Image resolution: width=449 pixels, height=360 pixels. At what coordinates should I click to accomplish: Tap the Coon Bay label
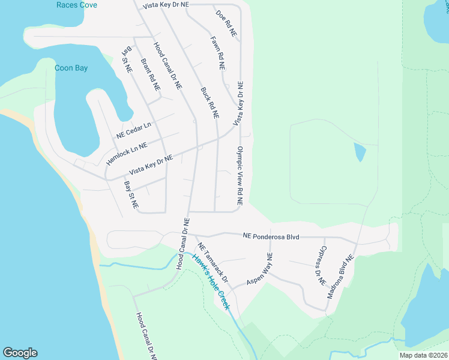point(71,68)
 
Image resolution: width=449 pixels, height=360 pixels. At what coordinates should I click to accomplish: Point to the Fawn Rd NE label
point(217,55)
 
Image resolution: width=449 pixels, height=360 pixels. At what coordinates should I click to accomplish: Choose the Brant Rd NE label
point(150,74)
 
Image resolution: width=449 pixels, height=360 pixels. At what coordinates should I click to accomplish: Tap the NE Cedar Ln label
point(133,130)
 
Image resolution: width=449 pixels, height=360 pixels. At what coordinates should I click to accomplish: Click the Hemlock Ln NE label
point(127,150)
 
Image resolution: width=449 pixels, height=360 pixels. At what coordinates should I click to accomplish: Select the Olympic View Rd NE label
point(240,176)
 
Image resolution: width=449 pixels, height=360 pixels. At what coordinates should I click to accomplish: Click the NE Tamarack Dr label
point(213,263)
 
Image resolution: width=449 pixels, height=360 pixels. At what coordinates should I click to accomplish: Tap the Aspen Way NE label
point(259,269)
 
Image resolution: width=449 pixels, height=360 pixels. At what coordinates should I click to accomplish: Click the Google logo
point(20,353)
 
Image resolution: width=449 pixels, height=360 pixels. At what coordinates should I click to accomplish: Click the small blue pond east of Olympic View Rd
point(360,152)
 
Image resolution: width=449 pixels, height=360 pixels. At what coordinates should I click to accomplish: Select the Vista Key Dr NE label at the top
point(166,5)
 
